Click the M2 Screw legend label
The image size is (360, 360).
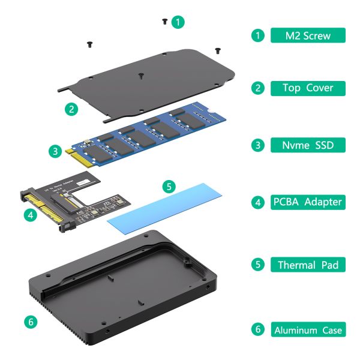coord(308,35)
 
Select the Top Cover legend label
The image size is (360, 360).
coord(308,88)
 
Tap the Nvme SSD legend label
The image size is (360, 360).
coord(308,145)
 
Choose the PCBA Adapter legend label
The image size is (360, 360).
coord(308,202)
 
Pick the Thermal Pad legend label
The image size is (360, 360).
coord(308,265)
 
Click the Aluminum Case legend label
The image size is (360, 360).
coord(308,330)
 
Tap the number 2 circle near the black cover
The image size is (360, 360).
coord(71,109)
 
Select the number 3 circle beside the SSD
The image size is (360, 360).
coord(56,152)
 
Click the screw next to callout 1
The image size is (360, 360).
coord(164,22)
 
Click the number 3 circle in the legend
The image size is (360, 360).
coord(257,145)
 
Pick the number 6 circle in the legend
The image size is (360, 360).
coord(257,330)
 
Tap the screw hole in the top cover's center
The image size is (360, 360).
coord(140,76)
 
